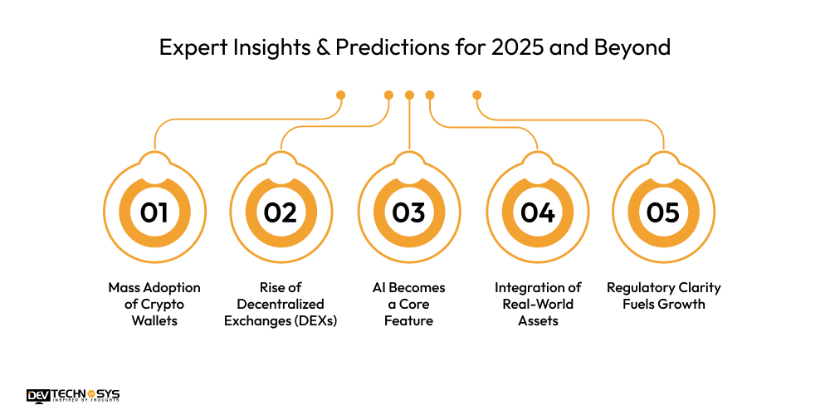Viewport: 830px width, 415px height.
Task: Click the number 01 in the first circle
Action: coord(154,212)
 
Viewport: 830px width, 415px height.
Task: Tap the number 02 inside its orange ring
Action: coord(281,212)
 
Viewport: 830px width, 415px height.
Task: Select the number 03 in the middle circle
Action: coord(408,212)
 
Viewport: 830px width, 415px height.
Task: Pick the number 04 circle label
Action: coord(537,212)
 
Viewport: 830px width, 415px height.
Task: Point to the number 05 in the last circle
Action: coord(663,212)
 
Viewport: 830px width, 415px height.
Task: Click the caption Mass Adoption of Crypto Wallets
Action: coord(154,304)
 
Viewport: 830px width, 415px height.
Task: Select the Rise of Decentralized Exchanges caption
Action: coord(281,304)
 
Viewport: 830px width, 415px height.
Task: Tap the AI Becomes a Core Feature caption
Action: coord(408,304)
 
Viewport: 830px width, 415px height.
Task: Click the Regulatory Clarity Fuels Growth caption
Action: coord(663,295)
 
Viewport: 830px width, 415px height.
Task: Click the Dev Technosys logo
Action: coord(72,395)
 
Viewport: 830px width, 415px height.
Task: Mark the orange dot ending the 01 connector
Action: coord(340,95)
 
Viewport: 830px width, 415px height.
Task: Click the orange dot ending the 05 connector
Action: coord(477,95)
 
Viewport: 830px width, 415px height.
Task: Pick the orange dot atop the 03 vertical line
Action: coord(409,95)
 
